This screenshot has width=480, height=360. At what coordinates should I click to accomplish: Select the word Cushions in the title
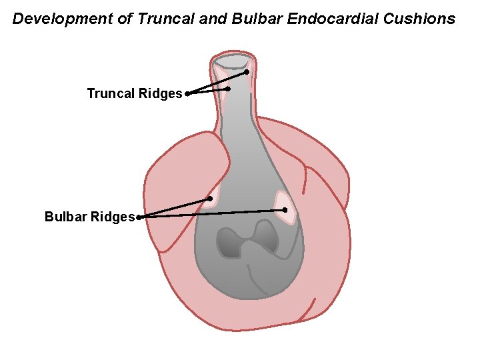point(419,19)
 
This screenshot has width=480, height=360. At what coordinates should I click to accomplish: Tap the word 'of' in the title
point(125,19)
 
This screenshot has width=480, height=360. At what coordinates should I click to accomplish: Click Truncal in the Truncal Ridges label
point(111,94)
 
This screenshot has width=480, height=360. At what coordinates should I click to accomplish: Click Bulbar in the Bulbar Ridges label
point(65,217)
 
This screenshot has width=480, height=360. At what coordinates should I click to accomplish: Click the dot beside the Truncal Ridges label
point(187,94)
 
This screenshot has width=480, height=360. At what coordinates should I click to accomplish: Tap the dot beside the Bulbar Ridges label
point(139,217)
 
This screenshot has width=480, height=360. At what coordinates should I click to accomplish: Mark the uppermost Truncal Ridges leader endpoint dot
point(246,71)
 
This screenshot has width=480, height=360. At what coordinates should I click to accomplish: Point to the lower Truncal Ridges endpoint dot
point(229,89)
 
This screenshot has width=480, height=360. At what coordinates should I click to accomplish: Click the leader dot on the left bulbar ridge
point(210,199)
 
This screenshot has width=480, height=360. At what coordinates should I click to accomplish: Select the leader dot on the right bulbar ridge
point(285,210)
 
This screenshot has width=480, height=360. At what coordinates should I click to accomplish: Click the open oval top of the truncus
point(233,61)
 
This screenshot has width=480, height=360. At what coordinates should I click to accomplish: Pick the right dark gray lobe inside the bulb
point(266,236)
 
